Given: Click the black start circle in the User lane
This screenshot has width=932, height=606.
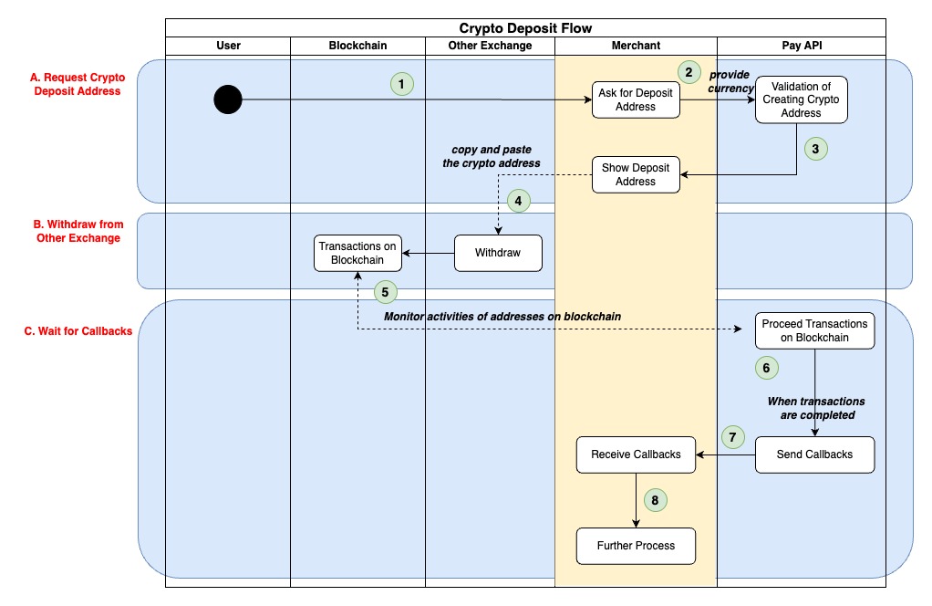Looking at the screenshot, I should coord(228,99).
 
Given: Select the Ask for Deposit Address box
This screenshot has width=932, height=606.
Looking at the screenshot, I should coord(636,99).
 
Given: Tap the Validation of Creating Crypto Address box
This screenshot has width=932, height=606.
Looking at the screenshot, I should coord(801,99).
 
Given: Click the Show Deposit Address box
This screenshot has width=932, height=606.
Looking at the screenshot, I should coord(636,174).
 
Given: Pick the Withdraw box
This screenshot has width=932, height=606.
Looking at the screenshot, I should coord(498,253).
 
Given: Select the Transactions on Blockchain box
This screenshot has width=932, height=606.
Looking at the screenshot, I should coord(357,253).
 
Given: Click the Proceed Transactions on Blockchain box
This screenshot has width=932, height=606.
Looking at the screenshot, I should coord(814,330).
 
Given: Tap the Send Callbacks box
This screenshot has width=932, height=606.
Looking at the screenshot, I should coord(814,454).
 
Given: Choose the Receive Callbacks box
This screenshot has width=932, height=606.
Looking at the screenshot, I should coord(636,454).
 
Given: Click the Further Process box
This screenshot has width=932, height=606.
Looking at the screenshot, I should coord(636,546).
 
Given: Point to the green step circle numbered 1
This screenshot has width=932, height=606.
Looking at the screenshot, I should coord(401,84).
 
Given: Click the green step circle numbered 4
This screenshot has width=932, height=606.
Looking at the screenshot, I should coord(518,201).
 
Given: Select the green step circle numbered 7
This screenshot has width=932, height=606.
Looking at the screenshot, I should coord(733,436).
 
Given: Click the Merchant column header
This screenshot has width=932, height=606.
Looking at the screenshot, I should coord(636,46).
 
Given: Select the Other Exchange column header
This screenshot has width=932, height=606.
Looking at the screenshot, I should coord(490,46).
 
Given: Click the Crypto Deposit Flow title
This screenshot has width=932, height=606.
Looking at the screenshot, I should coord(525,28).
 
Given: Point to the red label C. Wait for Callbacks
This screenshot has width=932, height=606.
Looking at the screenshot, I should coord(78,331).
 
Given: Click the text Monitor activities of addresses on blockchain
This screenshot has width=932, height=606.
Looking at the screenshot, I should coord(502,316).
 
